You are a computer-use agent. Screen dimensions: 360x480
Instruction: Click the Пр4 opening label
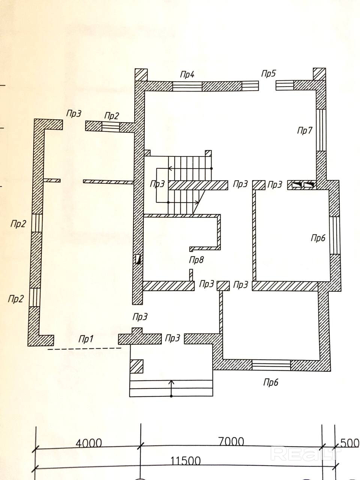tap(187, 74)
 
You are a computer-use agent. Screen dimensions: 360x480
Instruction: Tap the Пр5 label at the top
tap(268, 73)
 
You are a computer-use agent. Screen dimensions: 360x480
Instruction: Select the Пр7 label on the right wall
tap(304, 131)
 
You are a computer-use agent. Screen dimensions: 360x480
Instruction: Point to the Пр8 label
tap(196, 260)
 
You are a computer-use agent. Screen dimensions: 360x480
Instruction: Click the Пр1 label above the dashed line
tap(85, 339)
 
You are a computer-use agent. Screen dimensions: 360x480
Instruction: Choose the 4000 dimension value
tap(88, 443)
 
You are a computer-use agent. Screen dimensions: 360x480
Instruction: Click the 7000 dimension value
tap(231, 441)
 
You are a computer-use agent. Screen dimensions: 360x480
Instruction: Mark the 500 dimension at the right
tap(349, 443)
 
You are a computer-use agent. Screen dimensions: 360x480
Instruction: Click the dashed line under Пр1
tap(84, 349)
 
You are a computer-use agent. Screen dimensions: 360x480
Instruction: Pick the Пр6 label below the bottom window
tap(271, 382)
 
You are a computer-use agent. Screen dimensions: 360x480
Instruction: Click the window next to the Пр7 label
tap(321, 129)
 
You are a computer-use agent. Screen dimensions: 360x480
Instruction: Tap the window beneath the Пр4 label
tap(187, 87)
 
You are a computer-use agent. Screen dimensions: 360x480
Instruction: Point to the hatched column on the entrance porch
tap(136, 366)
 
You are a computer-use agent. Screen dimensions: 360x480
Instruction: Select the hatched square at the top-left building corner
tap(141, 74)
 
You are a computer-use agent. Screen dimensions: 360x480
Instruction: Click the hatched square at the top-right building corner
tap(319, 74)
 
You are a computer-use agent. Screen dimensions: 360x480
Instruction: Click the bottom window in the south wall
tap(271, 365)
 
